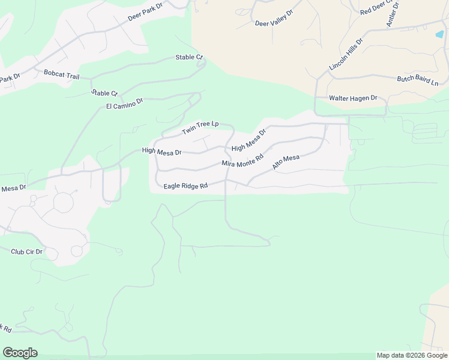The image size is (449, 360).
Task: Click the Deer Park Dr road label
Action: point(146,11)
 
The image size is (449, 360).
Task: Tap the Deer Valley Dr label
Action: point(274,19)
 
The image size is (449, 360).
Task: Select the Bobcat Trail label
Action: point(61,74)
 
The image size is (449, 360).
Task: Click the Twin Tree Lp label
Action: point(199,127)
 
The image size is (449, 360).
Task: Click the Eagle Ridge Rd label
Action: point(185,186)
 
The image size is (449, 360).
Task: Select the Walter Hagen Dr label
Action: point(352,98)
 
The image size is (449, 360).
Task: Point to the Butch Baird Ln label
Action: point(418,80)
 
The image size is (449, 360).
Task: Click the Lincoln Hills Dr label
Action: point(346,55)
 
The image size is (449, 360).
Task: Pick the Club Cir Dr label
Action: point(26,251)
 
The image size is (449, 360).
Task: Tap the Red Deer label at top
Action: point(375,8)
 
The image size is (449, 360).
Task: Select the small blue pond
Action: point(439,34)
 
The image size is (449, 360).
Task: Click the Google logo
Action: point(20,353)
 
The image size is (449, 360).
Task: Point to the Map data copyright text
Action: point(412,355)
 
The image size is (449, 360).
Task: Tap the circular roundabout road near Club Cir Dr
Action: point(63,203)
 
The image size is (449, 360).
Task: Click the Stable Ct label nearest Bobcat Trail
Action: point(104,92)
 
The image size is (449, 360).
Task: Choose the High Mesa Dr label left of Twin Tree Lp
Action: point(161,151)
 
